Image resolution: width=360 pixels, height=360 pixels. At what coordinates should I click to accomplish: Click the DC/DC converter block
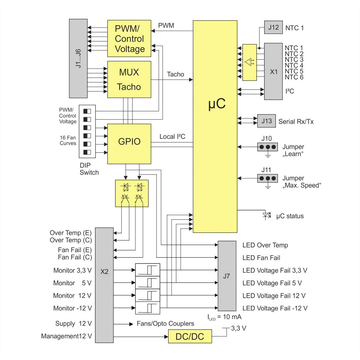[190, 336]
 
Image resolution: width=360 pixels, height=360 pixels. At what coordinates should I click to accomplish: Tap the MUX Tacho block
[129, 79]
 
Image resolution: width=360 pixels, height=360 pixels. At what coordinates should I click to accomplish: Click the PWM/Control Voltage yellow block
[129, 38]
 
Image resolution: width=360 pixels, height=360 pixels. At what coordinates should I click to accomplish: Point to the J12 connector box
[273, 27]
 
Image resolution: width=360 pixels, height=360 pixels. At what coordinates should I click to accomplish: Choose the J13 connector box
[266, 121]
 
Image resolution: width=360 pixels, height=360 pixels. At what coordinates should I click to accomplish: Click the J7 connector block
[227, 276]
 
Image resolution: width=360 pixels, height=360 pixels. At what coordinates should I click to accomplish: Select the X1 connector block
[273, 71]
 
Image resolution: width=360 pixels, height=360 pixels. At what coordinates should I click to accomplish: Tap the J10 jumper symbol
[267, 147]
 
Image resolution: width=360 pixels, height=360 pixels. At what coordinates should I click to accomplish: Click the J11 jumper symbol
[267, 178]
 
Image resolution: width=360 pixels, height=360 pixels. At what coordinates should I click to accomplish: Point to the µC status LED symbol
[266, 215]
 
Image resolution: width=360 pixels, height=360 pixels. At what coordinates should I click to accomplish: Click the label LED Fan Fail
[261, 258]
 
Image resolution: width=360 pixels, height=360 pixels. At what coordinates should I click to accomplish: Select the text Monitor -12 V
[72, 308]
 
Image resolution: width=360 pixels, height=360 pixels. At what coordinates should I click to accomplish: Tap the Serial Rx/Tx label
[296, 121]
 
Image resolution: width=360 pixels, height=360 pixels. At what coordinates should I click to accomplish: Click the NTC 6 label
[294, 77]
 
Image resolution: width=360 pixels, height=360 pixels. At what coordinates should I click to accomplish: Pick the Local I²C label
[172, 137]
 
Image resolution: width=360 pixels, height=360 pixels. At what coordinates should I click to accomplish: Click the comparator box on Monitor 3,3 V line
[148, 270]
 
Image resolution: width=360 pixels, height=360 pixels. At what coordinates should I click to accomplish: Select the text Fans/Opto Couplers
[165, 324]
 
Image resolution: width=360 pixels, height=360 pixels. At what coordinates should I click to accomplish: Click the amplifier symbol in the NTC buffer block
[249, 62]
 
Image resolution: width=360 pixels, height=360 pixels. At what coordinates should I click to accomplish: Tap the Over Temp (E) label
[70, 233]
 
